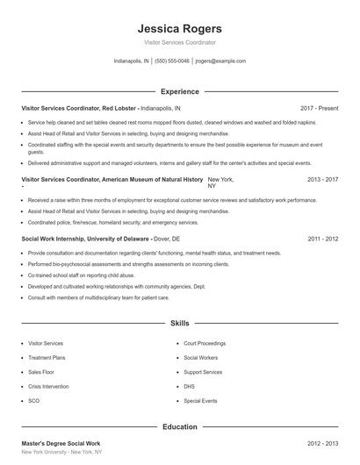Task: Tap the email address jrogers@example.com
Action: [220, 61]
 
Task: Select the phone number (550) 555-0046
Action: [173, 61]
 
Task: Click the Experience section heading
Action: [179, 91]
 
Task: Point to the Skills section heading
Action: [179, 323]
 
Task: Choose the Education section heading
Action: [179, 426]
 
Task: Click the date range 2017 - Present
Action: [319, 108]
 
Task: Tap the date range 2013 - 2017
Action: [322, 179]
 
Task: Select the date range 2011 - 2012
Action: [322, 239]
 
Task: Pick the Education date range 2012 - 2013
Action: [322, 445]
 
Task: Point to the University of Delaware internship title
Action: [84, 239]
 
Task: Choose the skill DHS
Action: [190, 386]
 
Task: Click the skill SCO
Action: [34, 400]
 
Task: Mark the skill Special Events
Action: [201, 400]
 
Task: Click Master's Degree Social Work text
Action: [61, 445]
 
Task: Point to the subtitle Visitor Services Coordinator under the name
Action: [179, 42]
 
